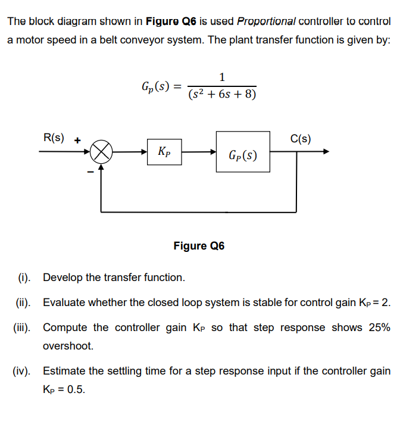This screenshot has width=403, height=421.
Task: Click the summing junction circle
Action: [x=102, y=152]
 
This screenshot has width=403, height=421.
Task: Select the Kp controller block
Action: [x=164, y=151]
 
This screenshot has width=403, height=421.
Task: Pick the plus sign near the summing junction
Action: [x=77, y=142]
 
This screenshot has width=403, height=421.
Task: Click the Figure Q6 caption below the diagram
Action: [x=199, y=246]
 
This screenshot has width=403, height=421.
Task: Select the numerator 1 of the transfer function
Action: [x=222, y=77]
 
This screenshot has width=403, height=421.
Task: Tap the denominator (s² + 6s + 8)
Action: [x=222, y=94]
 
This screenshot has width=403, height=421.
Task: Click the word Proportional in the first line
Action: [x=265, y=21]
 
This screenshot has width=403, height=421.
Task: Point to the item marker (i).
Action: [x=24, y=277]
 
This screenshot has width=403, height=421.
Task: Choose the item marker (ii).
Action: [x=23, y=303]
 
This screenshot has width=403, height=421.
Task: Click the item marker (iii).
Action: [x=23, y=328]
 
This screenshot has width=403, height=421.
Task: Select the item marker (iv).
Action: [x=23, y=371]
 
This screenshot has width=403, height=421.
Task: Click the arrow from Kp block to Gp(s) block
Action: [x=199, y=152]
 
